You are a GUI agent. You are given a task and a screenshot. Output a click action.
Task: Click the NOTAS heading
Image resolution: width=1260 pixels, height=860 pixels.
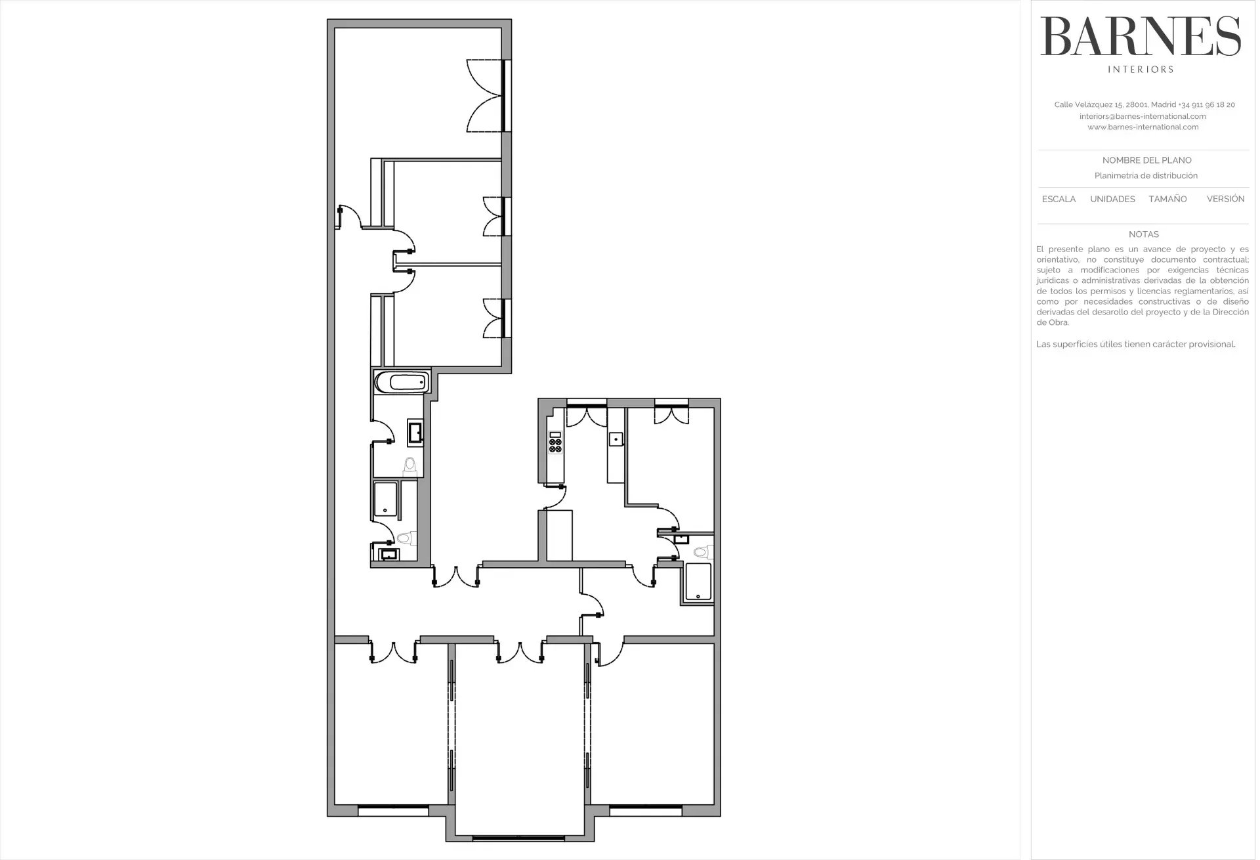(1144, 234)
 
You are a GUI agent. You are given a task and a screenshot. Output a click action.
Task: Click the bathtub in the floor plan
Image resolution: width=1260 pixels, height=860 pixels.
(401, 382)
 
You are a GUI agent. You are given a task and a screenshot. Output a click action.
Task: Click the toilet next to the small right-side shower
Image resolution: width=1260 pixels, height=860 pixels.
(704, 551)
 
